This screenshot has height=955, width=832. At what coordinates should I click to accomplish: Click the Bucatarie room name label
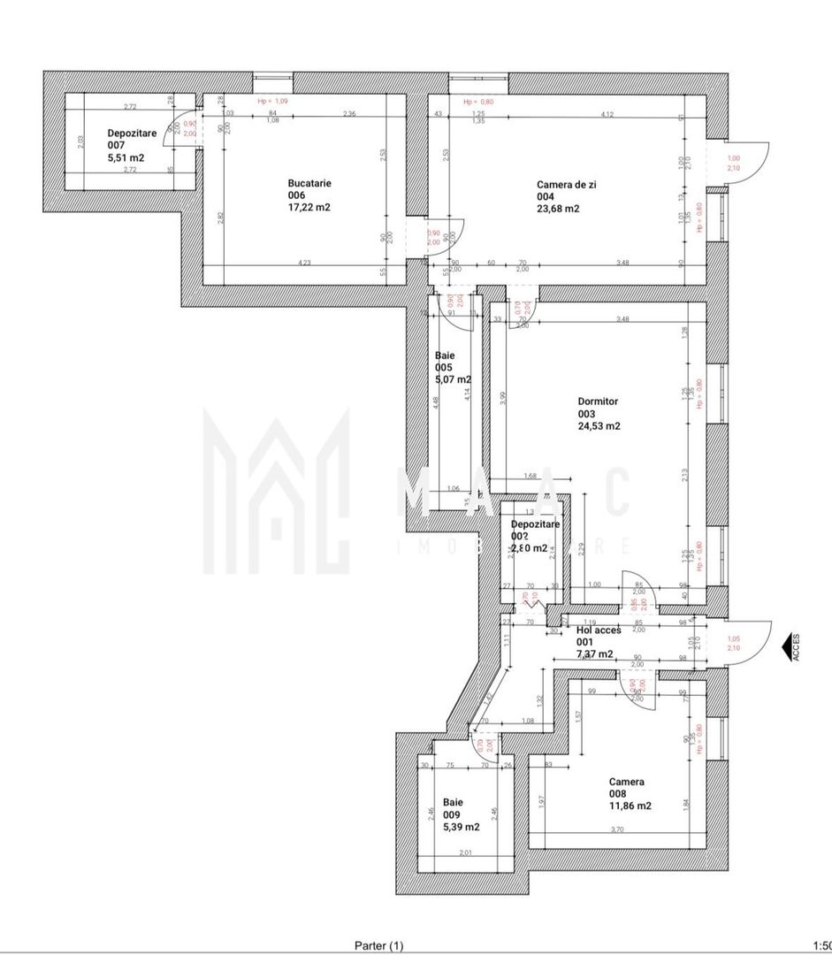coord(309,183)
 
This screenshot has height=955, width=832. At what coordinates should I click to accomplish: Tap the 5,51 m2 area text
coord(126,157)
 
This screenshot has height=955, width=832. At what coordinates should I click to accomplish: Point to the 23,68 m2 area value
coord(558,209)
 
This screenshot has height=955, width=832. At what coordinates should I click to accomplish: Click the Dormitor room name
coord(599,401)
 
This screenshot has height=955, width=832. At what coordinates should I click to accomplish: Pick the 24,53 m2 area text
coord(599,425)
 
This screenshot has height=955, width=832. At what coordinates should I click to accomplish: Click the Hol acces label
coord(599,630)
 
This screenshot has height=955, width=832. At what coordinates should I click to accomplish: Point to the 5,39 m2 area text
coord(462,827)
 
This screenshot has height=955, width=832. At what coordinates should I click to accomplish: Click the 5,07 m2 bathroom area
coord(453,379)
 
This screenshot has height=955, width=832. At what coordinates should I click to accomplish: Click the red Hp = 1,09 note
coord(274,102)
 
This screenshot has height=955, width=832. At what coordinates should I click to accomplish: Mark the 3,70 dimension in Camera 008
coord(616,829)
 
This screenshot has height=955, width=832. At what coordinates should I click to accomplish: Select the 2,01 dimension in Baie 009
coord(465,853)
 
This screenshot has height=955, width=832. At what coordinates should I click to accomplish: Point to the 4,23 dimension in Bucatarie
coord(304,262)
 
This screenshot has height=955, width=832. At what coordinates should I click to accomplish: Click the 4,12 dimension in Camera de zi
coord(607,114)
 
